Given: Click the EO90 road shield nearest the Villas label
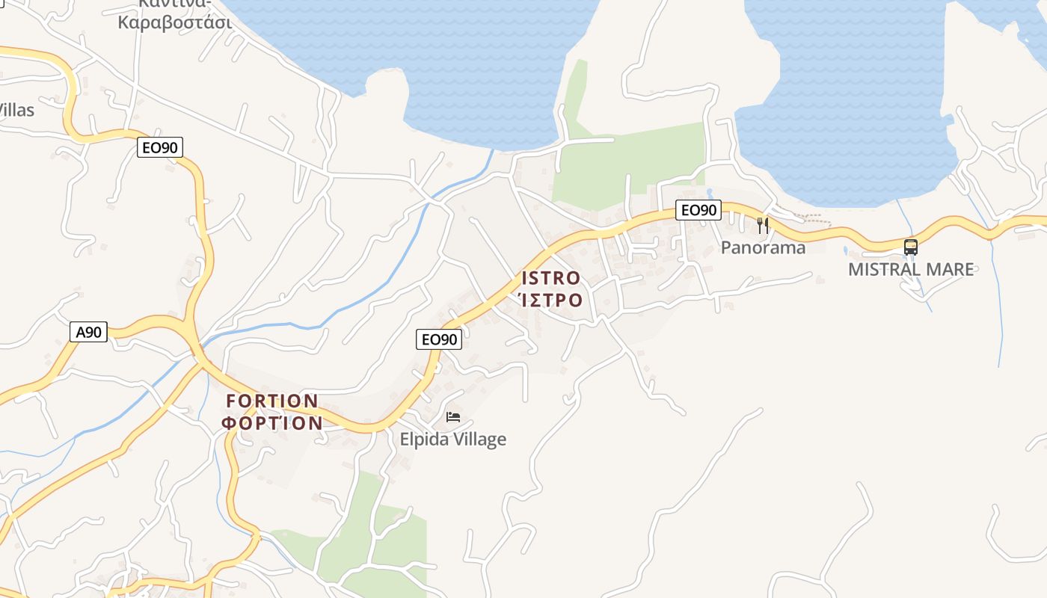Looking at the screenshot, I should click(x=161, y=147).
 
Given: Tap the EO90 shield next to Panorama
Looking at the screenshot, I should click(x=698, y=210).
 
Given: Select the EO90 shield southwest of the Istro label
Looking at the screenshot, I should click(x=439, y=339).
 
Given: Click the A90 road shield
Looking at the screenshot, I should click(x=89, y=332).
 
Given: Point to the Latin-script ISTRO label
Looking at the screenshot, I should click(x=550, y=278).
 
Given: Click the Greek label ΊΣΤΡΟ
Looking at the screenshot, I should click(x=550, y=300).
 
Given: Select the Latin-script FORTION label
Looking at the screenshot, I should click(x=272, y=401).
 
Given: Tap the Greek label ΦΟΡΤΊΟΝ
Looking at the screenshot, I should click(x=272, y=423).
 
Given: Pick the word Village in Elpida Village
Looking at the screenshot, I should click(x=478, y=440).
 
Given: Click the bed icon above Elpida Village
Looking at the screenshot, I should click(x=453, y=417).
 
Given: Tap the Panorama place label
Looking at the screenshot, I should click(x=763, y=247).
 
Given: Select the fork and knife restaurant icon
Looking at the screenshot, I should click(x=762, y=225).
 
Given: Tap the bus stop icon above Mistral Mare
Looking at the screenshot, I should click(x=910, y=247).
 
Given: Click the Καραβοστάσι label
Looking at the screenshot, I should click(x=175, y=21).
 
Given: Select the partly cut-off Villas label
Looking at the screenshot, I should click(x=16, y=110).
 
